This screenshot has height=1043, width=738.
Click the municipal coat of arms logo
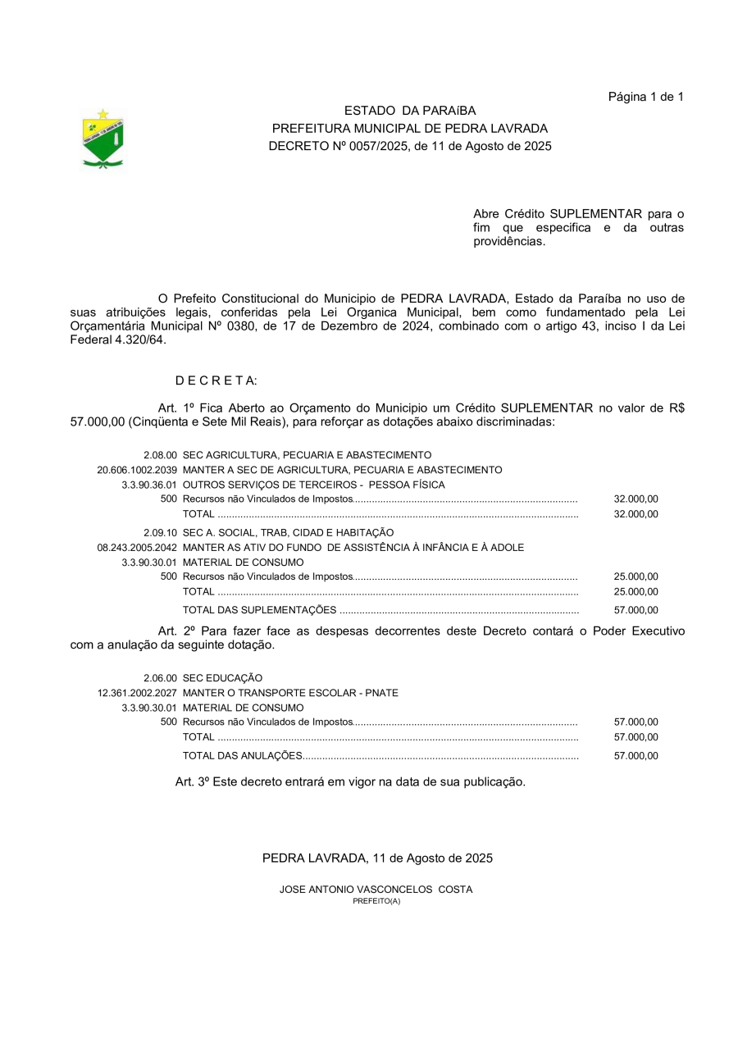[103, 139]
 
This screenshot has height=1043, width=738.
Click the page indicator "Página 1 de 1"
[645, 97]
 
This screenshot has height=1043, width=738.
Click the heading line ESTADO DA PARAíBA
[409, 111]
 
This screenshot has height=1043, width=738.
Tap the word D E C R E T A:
[216, 380]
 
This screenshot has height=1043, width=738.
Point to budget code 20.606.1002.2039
[137, 470]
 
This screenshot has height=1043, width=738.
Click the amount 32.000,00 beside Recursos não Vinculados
[635, 499]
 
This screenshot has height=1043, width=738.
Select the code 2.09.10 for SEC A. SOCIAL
[160, 532]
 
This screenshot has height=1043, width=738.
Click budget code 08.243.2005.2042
[137, 547]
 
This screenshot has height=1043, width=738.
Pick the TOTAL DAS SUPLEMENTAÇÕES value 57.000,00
[635, 610]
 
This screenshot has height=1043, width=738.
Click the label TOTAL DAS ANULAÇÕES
[242, 756]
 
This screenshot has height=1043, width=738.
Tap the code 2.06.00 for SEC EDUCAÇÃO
[160, 678]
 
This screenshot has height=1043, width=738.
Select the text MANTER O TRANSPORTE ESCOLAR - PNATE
[290, 693]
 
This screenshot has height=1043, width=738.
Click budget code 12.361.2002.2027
[137, 693]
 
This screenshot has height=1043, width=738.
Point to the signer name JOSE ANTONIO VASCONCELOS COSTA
[376, 890]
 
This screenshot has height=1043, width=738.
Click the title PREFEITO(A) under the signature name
[376, 901]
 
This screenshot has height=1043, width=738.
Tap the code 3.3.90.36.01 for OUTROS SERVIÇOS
[149, 485]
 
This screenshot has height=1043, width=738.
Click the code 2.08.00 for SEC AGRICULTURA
[160, 455]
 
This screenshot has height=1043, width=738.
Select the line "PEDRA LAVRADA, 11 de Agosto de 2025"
[377, 859]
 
